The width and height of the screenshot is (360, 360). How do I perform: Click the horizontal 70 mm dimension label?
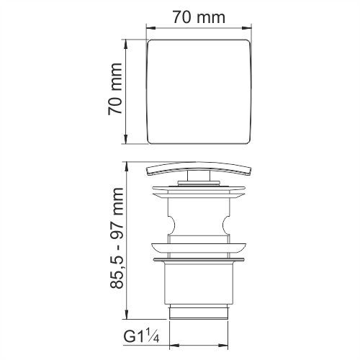[199, 17]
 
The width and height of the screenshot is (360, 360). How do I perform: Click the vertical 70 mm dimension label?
[115, 89]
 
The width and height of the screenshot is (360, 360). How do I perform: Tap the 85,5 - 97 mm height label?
[117, 238]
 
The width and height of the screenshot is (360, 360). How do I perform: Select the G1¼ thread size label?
[141, 336]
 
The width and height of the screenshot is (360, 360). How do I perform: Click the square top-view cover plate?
[199, 91]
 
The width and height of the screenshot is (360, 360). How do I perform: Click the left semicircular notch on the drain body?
[172, 225]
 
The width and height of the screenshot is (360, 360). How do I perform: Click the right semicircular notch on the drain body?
[226, 225]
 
